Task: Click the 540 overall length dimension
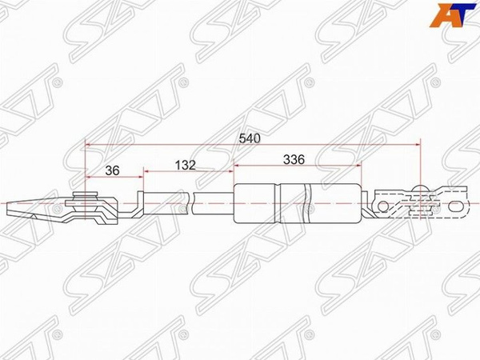(250, 138)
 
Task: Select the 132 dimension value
(186, 166)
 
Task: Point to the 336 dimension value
(294, 159)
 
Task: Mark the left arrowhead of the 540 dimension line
(88, 145)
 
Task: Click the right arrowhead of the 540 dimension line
(417, 145)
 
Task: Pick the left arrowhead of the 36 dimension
(88, 174)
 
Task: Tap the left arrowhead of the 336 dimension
(236, 167)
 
